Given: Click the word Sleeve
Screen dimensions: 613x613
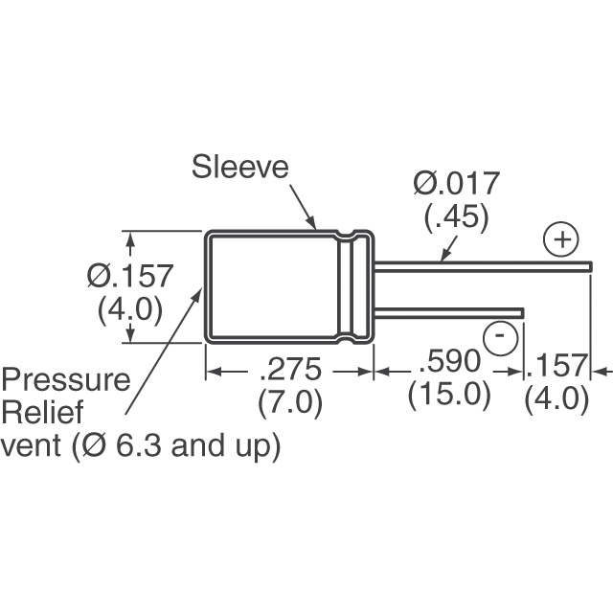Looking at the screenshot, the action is [240, 167].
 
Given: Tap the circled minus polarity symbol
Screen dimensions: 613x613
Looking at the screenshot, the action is [500, 336].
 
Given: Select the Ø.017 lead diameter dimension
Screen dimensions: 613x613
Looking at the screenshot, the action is [456, 183].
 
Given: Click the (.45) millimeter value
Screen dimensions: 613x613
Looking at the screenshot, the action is [457, 217].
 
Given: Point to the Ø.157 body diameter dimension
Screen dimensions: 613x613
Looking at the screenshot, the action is [130, 275].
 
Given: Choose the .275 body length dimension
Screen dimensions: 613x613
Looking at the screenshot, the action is [290, 369].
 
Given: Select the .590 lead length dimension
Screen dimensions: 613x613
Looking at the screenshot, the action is [449, 360].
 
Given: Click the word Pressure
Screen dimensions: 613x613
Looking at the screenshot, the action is [66, 379].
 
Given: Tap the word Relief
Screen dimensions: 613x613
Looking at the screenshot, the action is [42, 412].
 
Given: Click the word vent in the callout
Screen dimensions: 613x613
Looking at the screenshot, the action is [31, 445].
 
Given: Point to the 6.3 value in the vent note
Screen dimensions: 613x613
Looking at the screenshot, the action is [138, 445].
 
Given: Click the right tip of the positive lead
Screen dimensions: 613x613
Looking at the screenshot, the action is [592, 266].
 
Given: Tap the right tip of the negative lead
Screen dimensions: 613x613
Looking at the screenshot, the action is [524, 313].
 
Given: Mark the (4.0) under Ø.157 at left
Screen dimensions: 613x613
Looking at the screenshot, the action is [130, 309].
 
